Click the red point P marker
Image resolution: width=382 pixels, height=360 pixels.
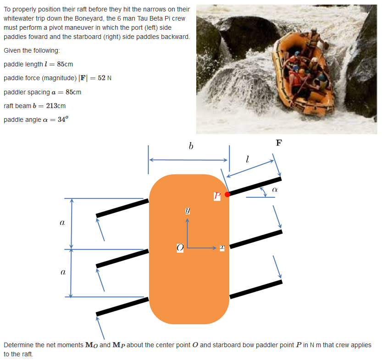tap(227, 194)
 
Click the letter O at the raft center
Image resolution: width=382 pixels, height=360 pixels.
tap(180, 247)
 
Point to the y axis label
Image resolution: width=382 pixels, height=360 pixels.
tap(187, 211)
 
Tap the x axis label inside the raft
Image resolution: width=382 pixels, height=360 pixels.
tap(221, 247)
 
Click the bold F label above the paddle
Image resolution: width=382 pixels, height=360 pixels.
tap(279, 142)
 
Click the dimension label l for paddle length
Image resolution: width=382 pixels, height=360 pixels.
tap(247, 159)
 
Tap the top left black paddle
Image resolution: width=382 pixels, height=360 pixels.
tap(122, 207)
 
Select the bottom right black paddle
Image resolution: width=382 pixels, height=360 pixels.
tap(255, 290)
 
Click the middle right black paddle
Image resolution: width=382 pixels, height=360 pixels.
tap(255, 240)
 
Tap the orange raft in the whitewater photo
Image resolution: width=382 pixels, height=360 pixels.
tap(300, 73)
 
